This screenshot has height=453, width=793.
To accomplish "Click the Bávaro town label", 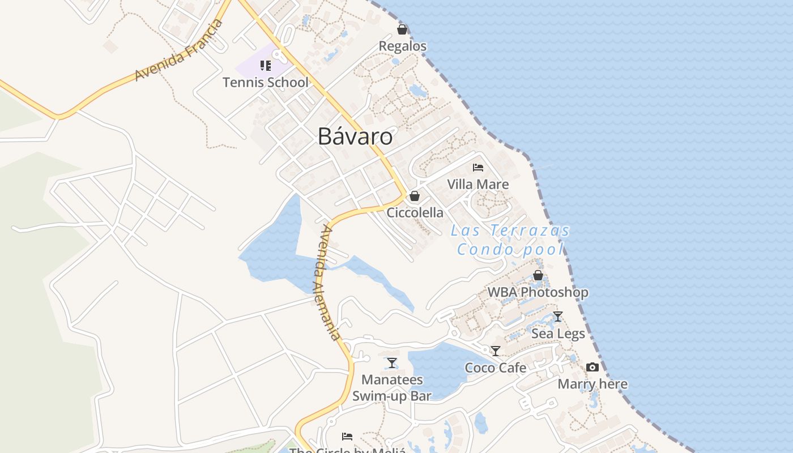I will point(355,136).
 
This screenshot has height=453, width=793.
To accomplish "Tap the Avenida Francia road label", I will point(178,50).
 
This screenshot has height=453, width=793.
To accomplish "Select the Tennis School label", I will point(266,82).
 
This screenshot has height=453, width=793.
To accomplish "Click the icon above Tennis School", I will point(265,66).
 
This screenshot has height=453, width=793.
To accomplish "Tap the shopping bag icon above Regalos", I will point(402,29).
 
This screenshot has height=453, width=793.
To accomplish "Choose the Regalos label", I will point(402,46).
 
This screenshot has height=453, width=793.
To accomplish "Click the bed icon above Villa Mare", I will point(478,168).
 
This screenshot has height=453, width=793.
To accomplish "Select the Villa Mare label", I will point(478,184).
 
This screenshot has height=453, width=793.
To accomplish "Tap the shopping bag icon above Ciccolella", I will point(415,196).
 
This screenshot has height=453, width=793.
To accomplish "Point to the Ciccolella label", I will point(415,213).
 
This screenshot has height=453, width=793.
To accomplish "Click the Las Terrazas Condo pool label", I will point(510,240).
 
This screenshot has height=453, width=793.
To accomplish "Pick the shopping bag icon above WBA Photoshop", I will point(538,276).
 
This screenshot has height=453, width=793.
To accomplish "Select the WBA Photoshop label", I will point(538,292).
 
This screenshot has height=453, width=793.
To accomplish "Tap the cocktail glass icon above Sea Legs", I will point(558,317).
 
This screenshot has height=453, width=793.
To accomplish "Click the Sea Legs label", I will point(558,334).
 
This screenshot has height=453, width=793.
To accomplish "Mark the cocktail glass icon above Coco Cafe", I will point(496,351).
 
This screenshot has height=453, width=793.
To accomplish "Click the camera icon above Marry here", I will point(592,367).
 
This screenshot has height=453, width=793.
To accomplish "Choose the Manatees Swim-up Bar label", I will point(392,387).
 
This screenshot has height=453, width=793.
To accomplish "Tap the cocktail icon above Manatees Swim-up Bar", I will point(392,363).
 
